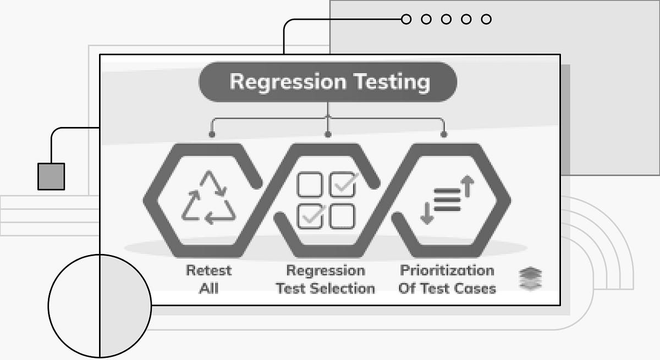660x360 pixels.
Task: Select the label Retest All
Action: (x=208, y=279)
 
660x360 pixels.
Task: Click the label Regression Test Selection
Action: (x=326, y=279)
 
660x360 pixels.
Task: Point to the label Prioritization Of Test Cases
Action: (x=447, y=279)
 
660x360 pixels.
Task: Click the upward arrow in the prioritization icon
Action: (x=467, y=186)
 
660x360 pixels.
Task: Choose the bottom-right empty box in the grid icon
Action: (x=343, y=216)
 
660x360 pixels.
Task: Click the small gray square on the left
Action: (x=51, y=176)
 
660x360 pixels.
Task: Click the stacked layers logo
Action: (x=530, y=279)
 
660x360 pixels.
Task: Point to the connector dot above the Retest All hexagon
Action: (x=212, y=134)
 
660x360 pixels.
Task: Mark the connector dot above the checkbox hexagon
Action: (x=328, y=134)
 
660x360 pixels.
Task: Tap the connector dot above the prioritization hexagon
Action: (x=444, y=134)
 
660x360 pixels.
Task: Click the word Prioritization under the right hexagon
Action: (x=447, y=270)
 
